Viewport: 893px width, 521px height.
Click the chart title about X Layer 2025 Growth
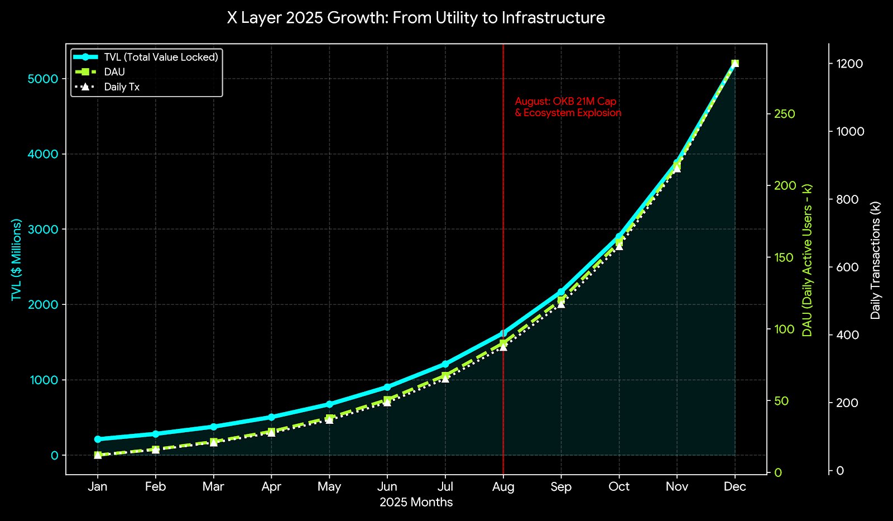416,18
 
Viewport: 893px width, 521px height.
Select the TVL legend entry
161,57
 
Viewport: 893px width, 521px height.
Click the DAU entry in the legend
114,72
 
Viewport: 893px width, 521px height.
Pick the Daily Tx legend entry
122,87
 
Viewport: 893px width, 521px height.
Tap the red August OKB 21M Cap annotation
568,107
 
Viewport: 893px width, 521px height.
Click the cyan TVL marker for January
98,439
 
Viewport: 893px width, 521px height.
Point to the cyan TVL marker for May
329,404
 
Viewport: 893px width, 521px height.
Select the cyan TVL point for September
561,292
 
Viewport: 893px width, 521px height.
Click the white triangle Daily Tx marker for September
561,304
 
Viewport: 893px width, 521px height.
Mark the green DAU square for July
445,376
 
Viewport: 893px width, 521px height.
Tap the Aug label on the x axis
503,487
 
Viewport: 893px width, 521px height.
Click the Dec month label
735,487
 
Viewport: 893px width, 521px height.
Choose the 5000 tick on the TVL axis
43,79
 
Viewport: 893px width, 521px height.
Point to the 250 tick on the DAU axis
784,114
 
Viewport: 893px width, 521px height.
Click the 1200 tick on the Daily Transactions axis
849,64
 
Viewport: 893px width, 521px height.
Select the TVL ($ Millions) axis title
17,260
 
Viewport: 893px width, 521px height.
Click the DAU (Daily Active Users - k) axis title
807,260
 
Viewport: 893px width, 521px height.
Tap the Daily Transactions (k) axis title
875,260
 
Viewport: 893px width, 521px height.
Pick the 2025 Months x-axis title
416,502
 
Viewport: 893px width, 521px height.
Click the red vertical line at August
503,223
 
